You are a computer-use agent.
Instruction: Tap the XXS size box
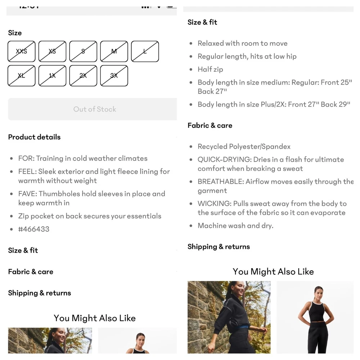pyautogui.click(x=21, y=51)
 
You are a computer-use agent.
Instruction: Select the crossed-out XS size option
pyautogui.click(x=52, y=51)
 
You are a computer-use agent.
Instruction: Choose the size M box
pyautogui.click(x=114, y=51)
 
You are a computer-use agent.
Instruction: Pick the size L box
pyautogui.click(x=145, y=51)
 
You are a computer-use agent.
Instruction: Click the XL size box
pyautogui.click(x=21, y=76)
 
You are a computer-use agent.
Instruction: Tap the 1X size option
pyautogui.click(x=52, y=76)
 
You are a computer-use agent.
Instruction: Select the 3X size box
pyautogui.click(x=114, y=76)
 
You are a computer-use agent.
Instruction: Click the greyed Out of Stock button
pyautogui.click(x=93, y=109)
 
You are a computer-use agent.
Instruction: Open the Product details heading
pyautogui.click(x=35, y=137)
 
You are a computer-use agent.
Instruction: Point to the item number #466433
pyautogui.click(x=34, y=229)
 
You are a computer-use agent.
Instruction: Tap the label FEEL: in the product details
pyautogui.click(x=27, y=171)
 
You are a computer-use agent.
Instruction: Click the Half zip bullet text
pyautogui.click(x=210, y=69)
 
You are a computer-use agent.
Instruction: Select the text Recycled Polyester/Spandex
pyautogui.click(x=244, y=147)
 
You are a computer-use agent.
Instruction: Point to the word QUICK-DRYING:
pyautogui.click(x=225, y=159)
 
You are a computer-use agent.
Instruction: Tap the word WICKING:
pyautogui.click(x=215, y=204)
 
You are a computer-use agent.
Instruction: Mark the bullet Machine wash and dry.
pyautogui.click(x=235, y=226)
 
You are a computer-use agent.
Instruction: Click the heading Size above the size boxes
pyautogui.click(x=15, y=33)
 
